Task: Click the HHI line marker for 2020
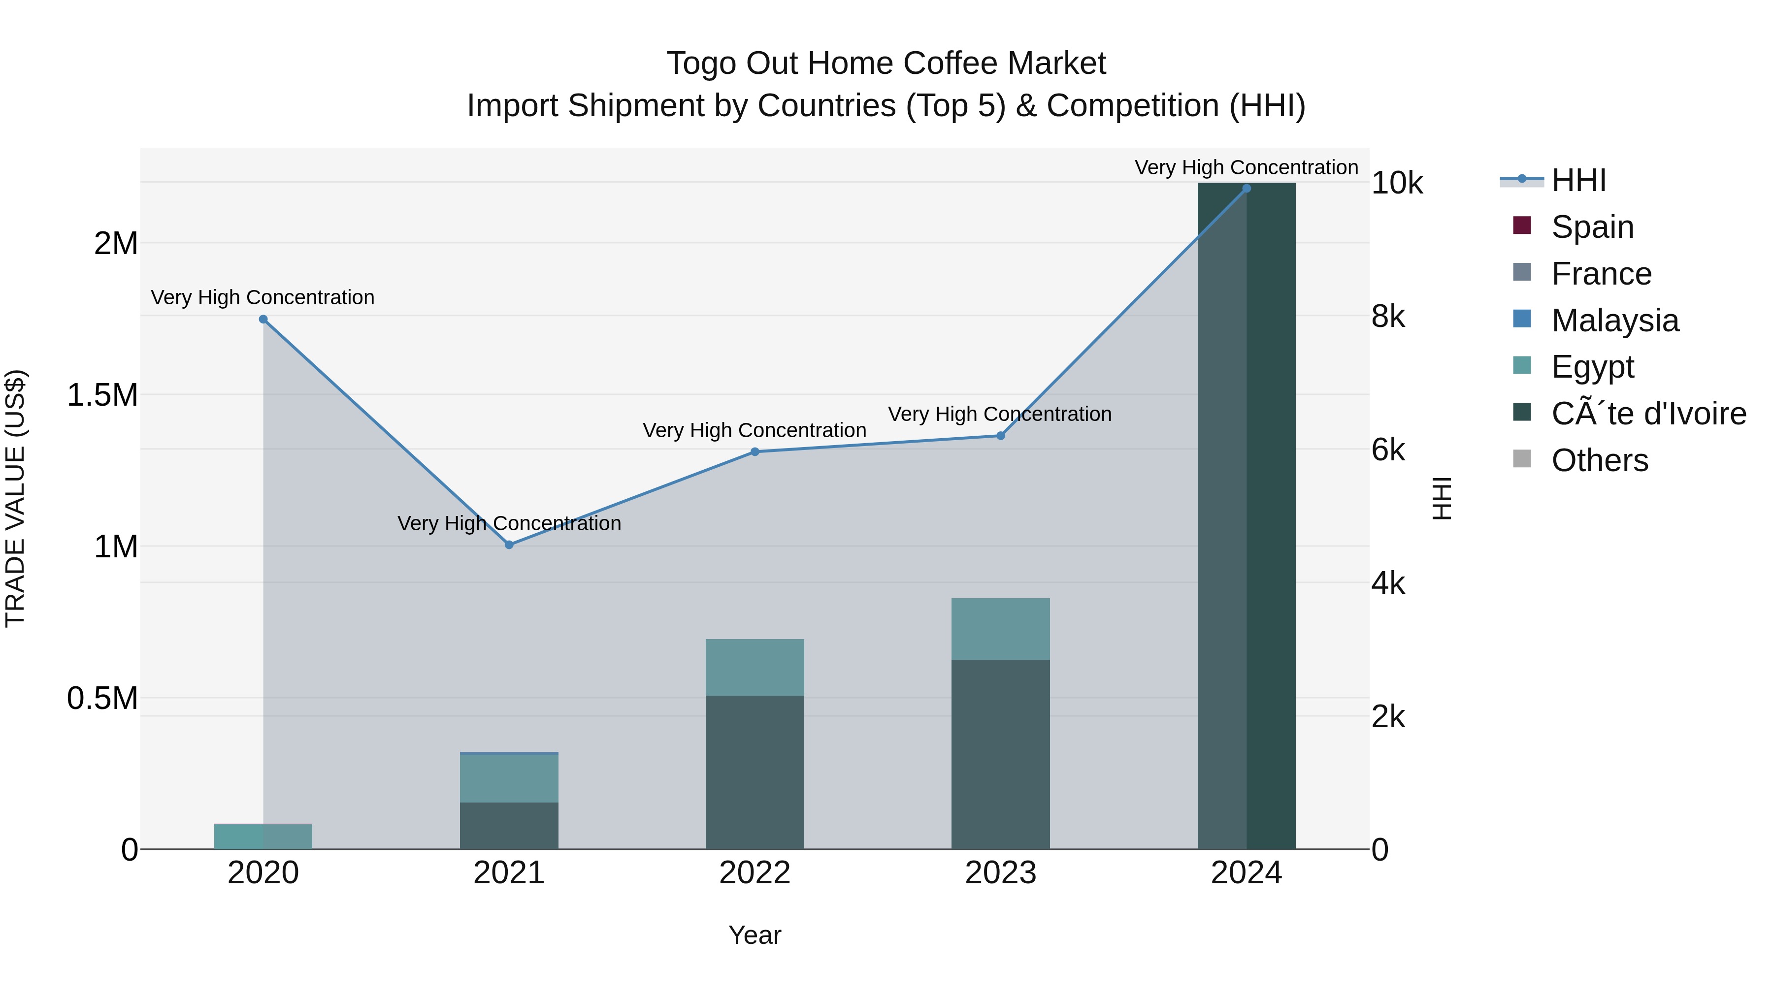[263, 319]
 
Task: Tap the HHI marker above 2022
[755, 452]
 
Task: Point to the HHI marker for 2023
[1001, 436]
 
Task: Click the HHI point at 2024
[1247, 189]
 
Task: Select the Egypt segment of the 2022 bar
[755, 668]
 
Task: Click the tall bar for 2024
[1247, 516]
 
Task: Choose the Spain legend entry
[1591, 227]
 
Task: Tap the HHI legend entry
[1578, 180]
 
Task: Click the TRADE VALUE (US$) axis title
[15, 498]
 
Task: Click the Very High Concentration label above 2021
[509, 524]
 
